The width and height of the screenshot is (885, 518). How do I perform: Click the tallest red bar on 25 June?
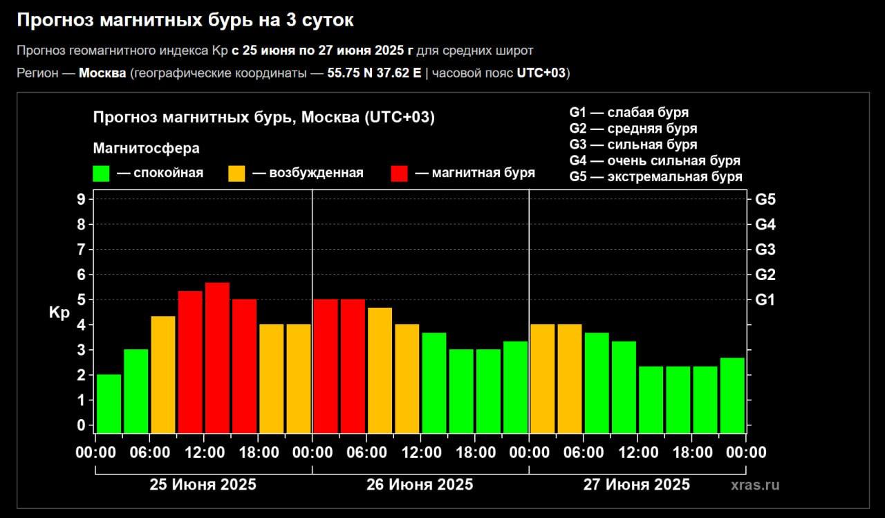coord(217,357)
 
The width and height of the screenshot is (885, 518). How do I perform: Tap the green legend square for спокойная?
coord(102,173)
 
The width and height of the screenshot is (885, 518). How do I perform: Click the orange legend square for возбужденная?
coord(236,173)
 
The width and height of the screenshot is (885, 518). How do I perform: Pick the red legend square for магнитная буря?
coord(400,173)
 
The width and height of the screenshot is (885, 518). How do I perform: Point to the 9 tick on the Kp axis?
coord(81,199)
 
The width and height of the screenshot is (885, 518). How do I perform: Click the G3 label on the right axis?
coord(765,250)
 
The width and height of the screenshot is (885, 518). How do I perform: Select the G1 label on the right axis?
coord(765,300)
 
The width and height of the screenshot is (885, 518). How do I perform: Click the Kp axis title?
coord(59,313)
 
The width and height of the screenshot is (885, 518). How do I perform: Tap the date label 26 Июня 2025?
coord(420,484)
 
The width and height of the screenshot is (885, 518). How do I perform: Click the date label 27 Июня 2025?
coord(636,484)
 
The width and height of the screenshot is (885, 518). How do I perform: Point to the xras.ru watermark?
coord(755,485)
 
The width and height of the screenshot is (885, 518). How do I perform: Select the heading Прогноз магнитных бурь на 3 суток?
coord(185,21)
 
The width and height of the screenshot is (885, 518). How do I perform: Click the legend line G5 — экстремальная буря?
coord(655,177)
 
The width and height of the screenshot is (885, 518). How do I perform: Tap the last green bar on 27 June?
coord(732,395)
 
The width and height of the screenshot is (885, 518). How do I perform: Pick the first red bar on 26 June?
coord(326,366)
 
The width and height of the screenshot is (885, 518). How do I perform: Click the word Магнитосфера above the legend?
coord(146,149)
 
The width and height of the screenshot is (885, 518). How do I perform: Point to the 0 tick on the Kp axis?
coord(81,425)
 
